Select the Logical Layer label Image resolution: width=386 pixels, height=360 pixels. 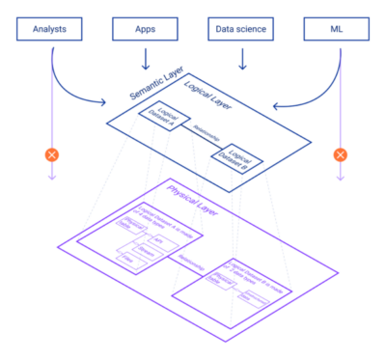tap(207, 94)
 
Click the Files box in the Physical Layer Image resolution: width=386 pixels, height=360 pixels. tap(124, 260)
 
